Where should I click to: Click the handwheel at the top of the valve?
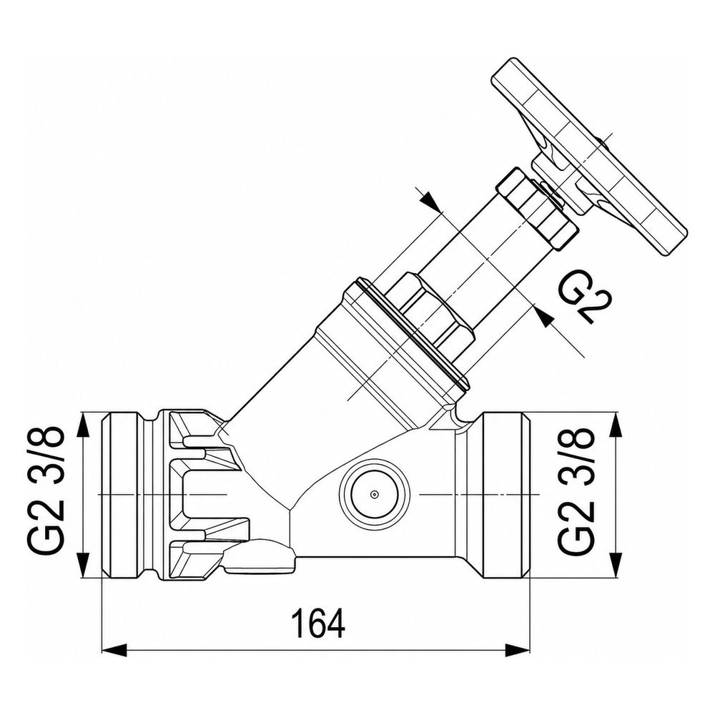(x=588, y=157)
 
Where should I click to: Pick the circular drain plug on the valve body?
(x=375, y=494)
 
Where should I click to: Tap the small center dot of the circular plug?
(x=375, y=494)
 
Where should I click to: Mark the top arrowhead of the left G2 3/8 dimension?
(x=82, y=426)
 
